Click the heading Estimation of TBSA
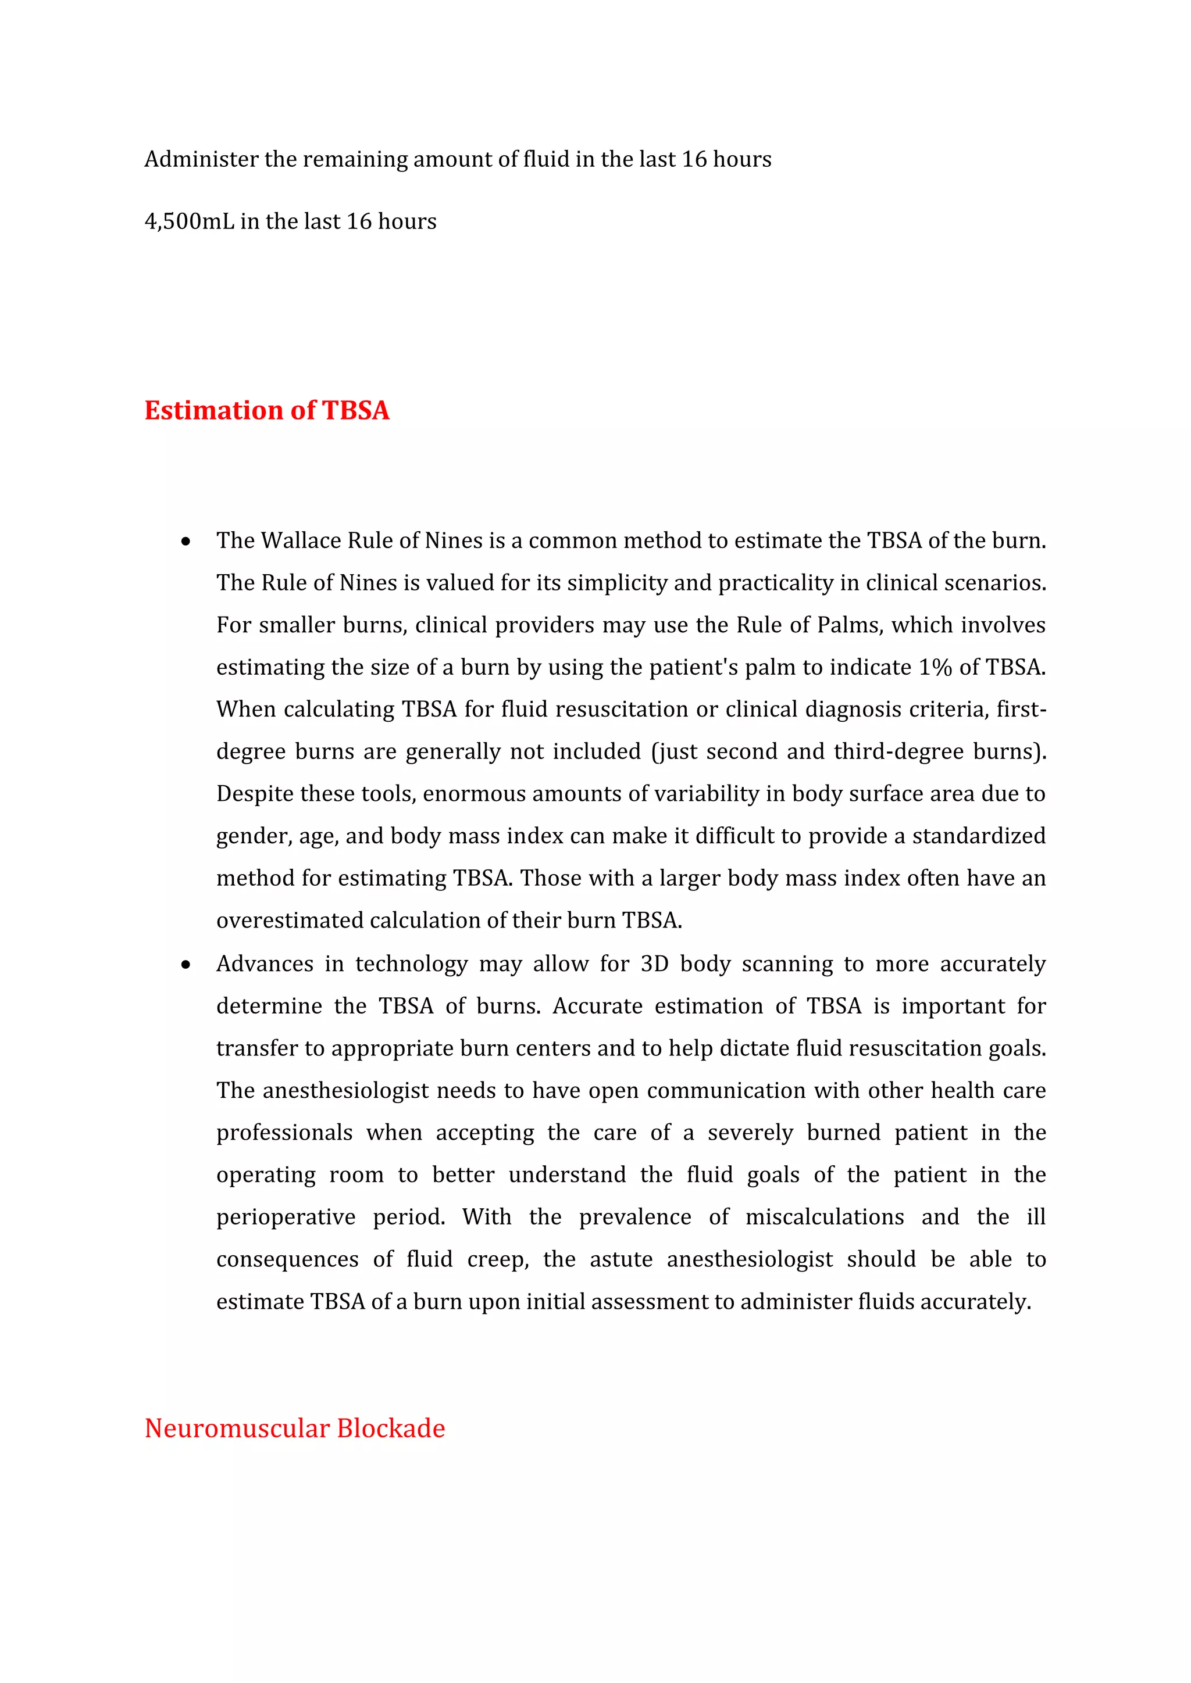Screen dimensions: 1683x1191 point(266,410)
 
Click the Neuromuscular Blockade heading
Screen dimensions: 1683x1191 point(294,1428)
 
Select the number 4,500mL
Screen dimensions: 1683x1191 point(188,221)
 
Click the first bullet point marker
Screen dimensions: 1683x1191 point(186,542)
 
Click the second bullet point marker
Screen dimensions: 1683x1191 point(186,965)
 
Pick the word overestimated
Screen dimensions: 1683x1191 point(290,920)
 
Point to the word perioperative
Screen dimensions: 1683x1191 point(286,1217)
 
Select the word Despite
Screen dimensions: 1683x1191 point(254,794)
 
